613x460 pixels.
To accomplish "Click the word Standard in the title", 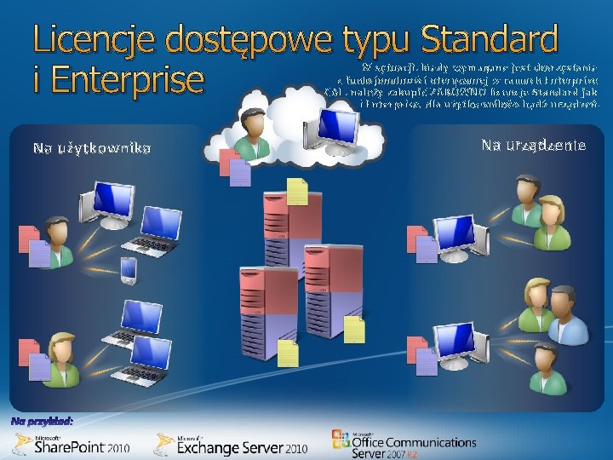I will tap(489, 41).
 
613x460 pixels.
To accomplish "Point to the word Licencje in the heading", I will tap(94, 41).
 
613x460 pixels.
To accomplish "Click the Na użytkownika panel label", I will tap(92, 149).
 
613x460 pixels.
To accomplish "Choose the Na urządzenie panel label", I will tap(533, 146).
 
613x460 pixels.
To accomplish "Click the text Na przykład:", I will tap(43, 421).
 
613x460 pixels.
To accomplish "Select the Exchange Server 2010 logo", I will tap(230, 444).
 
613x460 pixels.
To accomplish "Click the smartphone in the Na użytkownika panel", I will tap(129, 270).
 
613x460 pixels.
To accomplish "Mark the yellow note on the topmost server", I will tap(297, 193).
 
